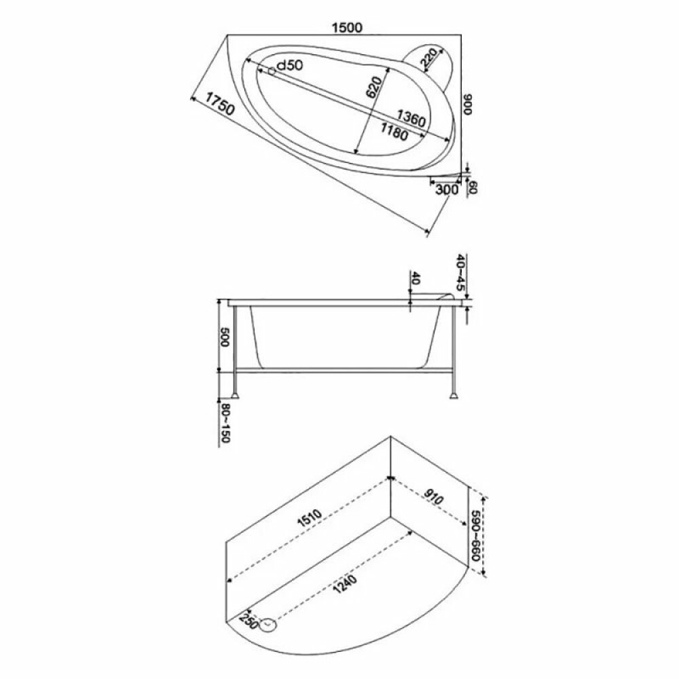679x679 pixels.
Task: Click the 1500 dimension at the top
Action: [x=346, y=27]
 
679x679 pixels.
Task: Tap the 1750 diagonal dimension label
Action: [x=219, y=104]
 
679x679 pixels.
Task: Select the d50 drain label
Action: [x=289, y=66]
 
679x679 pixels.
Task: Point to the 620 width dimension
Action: [x=373, y=88]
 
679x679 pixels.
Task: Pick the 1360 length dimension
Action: [x=411, y=117]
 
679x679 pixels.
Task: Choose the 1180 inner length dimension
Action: [x=394, y=131]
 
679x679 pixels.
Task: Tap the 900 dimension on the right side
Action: [x=467, y=105]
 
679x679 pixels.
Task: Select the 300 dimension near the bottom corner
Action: [x=447, y=189]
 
